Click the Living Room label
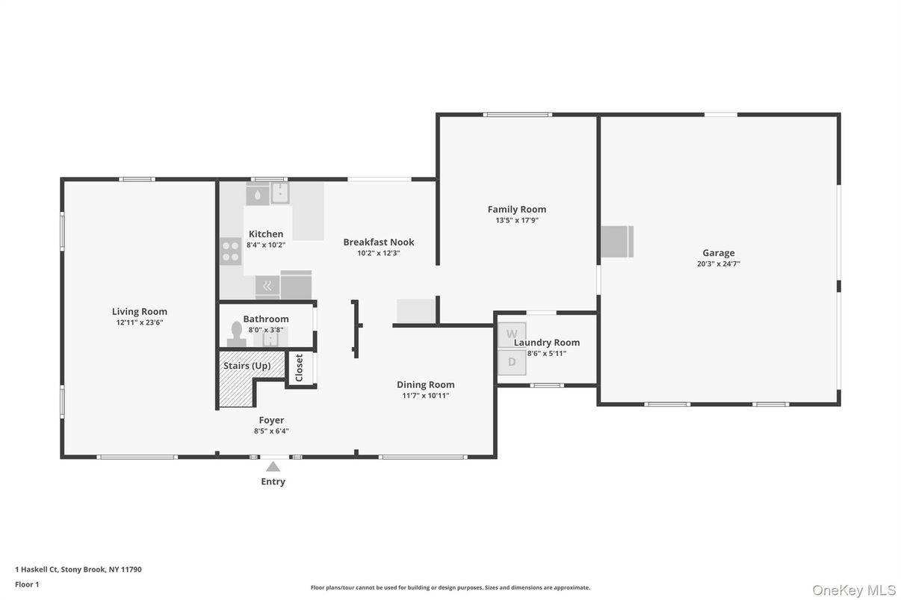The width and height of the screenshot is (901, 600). pos(140,312)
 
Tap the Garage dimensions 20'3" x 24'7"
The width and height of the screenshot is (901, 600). pos(718,264)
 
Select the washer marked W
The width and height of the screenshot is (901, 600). pos(512,334)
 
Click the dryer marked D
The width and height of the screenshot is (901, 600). pos(512,362)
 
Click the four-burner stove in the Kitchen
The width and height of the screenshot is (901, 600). pos(231,251)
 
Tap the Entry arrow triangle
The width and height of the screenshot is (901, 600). pos(273,466)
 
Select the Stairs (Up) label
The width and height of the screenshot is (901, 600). pos(247,366)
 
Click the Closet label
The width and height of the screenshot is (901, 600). pos(300,368)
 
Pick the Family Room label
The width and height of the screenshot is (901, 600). pos(517,210)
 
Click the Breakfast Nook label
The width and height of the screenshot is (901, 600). pos(378,243)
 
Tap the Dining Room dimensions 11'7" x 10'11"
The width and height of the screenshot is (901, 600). pos(425,396)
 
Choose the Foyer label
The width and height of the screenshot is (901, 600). pos(271,421)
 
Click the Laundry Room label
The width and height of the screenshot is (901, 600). pos(547,343)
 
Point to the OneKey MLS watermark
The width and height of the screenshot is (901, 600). pos(853,590)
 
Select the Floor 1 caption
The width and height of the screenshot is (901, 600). pos(27,584)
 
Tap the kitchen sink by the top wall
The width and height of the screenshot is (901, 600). pos(279,193)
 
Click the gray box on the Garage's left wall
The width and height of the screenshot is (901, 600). pos(617,242)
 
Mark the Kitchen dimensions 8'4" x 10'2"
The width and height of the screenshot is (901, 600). pos(266,245)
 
